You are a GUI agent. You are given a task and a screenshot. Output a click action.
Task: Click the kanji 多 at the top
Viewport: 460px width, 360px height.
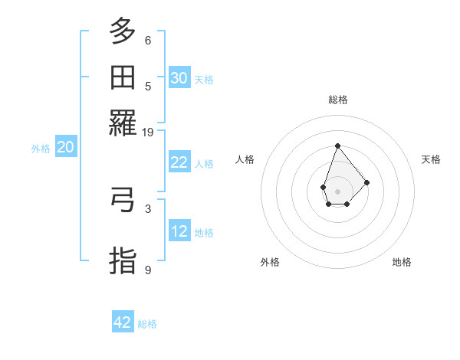[x=123, y=32]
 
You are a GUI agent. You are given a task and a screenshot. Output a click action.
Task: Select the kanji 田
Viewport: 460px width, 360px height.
[x=123, y=77]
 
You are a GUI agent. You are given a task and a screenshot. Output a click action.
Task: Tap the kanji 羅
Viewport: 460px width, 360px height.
[x=123, y=122]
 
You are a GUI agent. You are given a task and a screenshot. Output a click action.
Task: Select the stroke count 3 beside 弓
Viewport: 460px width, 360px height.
[x=148, y=208]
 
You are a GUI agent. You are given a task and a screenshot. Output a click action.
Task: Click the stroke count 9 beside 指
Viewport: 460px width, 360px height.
[x=148, y=270]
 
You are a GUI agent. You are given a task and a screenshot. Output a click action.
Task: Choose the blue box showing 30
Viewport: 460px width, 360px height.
[x=179, y=78]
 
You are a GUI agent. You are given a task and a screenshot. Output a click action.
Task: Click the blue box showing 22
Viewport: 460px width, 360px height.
[x=179, y=162]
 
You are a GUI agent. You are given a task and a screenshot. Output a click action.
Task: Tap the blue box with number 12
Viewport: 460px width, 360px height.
[x=179, y=231]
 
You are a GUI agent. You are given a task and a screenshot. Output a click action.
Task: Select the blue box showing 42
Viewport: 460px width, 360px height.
[x=123, y=322]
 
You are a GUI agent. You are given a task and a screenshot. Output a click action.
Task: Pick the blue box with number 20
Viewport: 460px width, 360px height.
[x=65, y=148]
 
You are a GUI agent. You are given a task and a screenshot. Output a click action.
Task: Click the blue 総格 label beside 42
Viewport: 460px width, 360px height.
[x=147, y=324]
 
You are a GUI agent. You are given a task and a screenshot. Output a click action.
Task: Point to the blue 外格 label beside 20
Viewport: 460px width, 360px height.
[x=41, y=149]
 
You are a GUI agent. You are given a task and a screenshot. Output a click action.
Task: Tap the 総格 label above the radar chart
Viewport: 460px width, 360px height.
[x=337, y=100]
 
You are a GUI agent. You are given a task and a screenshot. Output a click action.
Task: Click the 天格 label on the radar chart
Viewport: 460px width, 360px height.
[x=431, y=159]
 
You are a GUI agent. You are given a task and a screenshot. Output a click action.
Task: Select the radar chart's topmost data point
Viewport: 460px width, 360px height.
[x=337, y=146]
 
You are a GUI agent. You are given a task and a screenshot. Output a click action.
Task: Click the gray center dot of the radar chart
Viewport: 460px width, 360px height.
[x=337, y=191]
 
